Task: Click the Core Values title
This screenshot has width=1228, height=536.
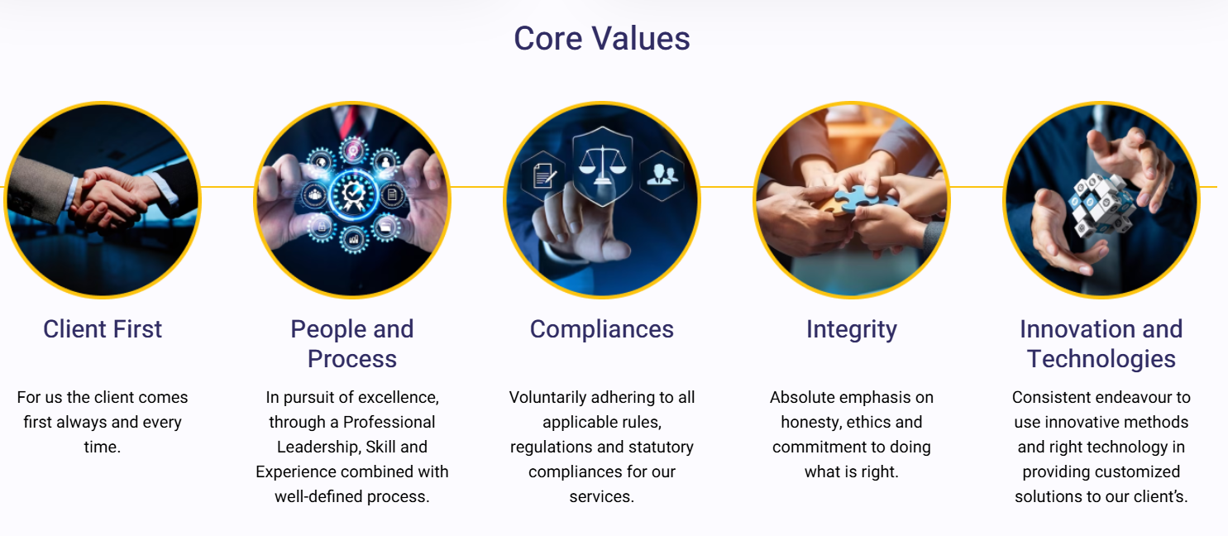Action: tap(601, 39)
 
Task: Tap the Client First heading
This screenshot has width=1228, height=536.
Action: tap(103, 329)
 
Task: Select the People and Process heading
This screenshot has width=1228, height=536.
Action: tap(351, 343)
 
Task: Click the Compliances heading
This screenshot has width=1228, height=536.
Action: tap(601, 329)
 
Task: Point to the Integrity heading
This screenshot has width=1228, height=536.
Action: tap(851, 329)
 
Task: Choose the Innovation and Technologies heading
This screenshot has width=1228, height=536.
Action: tap(1101, 343)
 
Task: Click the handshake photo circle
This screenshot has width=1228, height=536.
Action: tap(103, 199)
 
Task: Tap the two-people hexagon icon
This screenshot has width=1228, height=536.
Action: tap(661, 174)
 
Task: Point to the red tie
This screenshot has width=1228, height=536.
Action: tap(351, 120)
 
